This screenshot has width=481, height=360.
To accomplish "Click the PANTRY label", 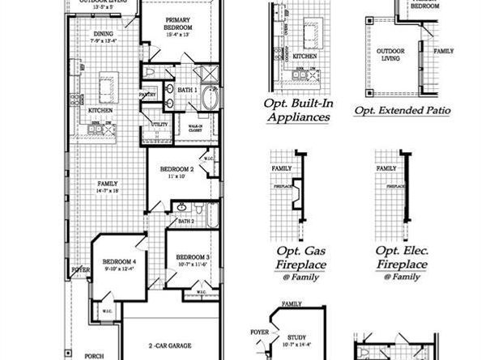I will pos(147,95).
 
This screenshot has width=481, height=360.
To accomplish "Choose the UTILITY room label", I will pos(160,125).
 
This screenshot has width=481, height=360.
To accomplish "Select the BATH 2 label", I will pos(185,220).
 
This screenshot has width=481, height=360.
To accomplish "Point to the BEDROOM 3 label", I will pos(192,259).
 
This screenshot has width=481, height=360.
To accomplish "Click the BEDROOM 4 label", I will pos(117,265).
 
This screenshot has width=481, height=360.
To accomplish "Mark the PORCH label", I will pos(95,354).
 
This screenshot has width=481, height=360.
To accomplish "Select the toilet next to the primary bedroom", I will pos(151,74).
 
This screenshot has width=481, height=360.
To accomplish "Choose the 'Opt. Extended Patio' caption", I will pos(402,109).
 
